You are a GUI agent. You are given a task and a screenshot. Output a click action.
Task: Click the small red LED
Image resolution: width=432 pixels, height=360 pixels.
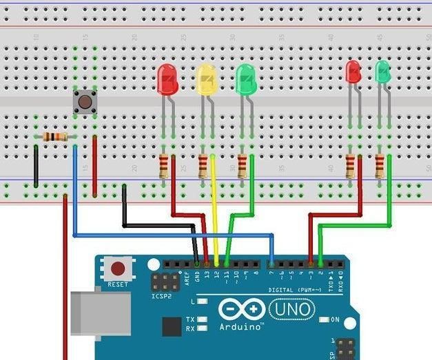pyautogui.click(x=353, y=72)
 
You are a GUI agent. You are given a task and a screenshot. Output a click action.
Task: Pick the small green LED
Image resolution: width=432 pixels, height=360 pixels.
pyautogui.click(x=382, y=71)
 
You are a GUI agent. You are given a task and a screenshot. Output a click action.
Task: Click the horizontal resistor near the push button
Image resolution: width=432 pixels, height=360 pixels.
pyautogui.click(x=55, y=137)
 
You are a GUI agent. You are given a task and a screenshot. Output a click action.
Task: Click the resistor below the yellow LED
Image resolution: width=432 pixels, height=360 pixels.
pyautogui.click(x=203, y=166)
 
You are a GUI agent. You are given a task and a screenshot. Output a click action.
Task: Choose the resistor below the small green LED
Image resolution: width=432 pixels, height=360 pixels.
pyautogui.click(x=380, y=166)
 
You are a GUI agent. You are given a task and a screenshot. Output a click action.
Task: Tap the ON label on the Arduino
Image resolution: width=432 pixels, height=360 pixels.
pyautogui.click(x=335, y=320)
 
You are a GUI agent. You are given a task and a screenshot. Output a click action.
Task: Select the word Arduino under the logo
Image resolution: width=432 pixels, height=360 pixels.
pyautogui.click(x=241, y=327)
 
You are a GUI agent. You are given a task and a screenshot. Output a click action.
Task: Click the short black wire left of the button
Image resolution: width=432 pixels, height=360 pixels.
pyautogui.click(x=36, y=165)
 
